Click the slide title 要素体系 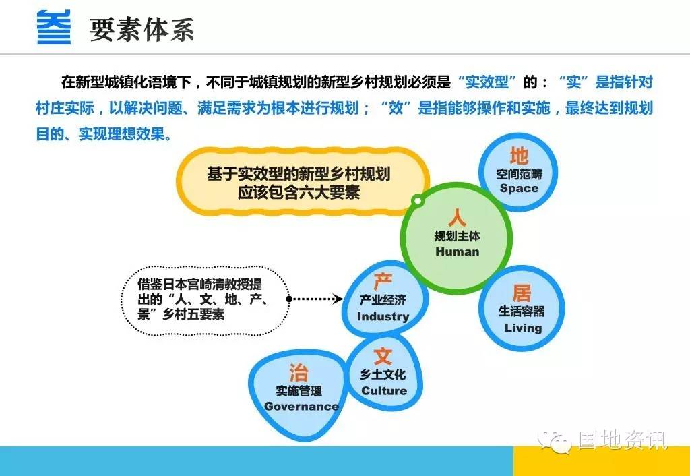(142, 30)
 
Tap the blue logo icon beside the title (54, 28)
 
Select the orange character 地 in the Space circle (519, 156)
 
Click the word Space (519, 189)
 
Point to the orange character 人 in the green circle (457, 218)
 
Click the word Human (458, 252)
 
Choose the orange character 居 (522, 293)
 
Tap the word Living (523, 328)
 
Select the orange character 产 (383, 281)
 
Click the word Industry (383, 317)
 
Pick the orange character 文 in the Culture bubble (383, 356)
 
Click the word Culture (383, 390)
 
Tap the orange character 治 (299, 373)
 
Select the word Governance (301, 407)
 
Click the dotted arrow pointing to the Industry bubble (315, 299)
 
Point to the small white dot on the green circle (418, 201)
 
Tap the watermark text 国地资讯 (622, 440)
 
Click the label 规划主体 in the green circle (458, 237)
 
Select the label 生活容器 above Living (522, 311)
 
